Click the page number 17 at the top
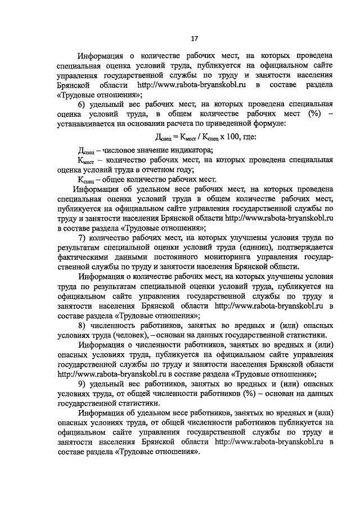pyautogui.click(x=194, y=38)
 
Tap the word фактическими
pyautogui.click(x=81, y=257)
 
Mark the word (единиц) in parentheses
pyautogui.click(x=256, y=247)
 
